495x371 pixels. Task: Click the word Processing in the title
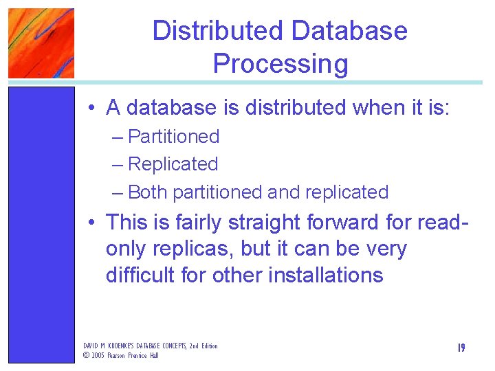coord(280,64)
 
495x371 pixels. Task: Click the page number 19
coord(461,348)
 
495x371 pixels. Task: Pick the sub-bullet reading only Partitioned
coord(173,137)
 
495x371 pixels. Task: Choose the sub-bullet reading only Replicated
coord(173,164)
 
